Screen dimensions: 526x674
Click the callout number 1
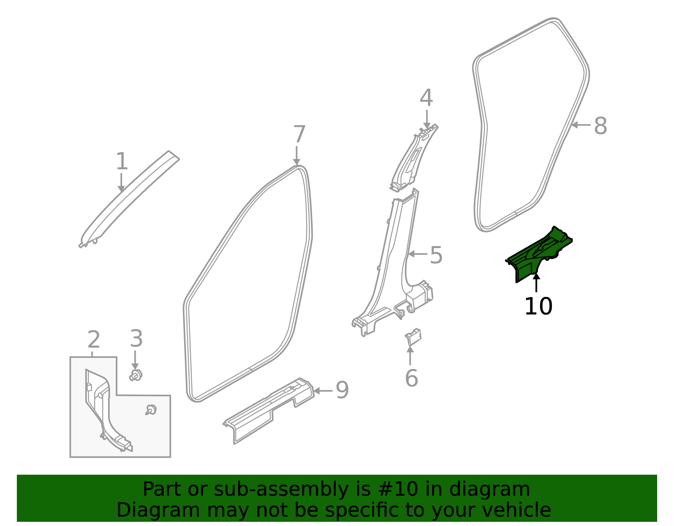coord(122,162)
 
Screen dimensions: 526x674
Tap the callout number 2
coord(94,339)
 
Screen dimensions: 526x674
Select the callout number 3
coord(136,339)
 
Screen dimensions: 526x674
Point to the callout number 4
coord(426,98)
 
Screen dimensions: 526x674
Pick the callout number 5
coord(436,256)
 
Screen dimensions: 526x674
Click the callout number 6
coord(411,378)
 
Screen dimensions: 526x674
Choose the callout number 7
coord(299,135)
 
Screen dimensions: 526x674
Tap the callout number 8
coord(600,126)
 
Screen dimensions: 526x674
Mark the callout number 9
coord(342,390)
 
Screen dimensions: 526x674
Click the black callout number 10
coord(538,306)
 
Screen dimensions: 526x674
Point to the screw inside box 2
coord(151,409)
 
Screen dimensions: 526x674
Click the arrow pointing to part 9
coord(323,391)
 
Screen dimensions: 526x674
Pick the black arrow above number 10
coord(536,283)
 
